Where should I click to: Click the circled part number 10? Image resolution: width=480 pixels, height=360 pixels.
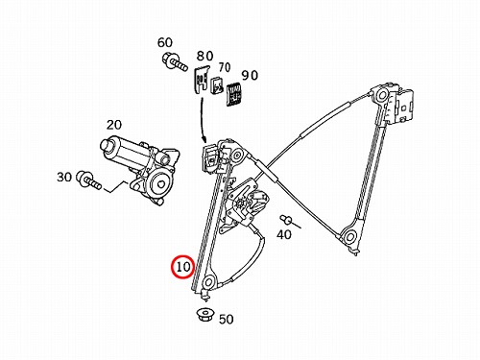183,267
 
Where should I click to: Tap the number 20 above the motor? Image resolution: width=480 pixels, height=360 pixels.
114,125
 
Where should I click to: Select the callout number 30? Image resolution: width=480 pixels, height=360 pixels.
64,177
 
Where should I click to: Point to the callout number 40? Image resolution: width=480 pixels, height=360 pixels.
284,234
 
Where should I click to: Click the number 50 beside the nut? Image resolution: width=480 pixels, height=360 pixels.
226,319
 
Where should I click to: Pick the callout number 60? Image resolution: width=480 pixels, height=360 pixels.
165,42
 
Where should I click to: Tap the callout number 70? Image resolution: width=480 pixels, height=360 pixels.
225,67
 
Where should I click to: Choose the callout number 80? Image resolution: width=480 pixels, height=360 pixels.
204,56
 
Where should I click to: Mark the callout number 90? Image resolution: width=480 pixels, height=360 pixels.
250,76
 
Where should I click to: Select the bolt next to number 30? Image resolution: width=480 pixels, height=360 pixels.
88,180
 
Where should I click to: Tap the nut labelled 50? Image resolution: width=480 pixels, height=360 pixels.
204,314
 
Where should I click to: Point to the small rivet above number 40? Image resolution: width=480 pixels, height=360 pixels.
286,219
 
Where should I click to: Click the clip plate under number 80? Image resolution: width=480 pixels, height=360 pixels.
202,80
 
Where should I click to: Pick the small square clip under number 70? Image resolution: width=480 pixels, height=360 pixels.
217,85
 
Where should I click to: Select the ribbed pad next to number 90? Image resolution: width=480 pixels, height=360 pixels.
234,95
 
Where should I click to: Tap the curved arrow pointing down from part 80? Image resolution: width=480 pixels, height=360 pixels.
203,120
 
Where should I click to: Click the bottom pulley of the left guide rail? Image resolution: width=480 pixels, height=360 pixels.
209,282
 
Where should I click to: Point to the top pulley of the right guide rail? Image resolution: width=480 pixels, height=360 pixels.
381,95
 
